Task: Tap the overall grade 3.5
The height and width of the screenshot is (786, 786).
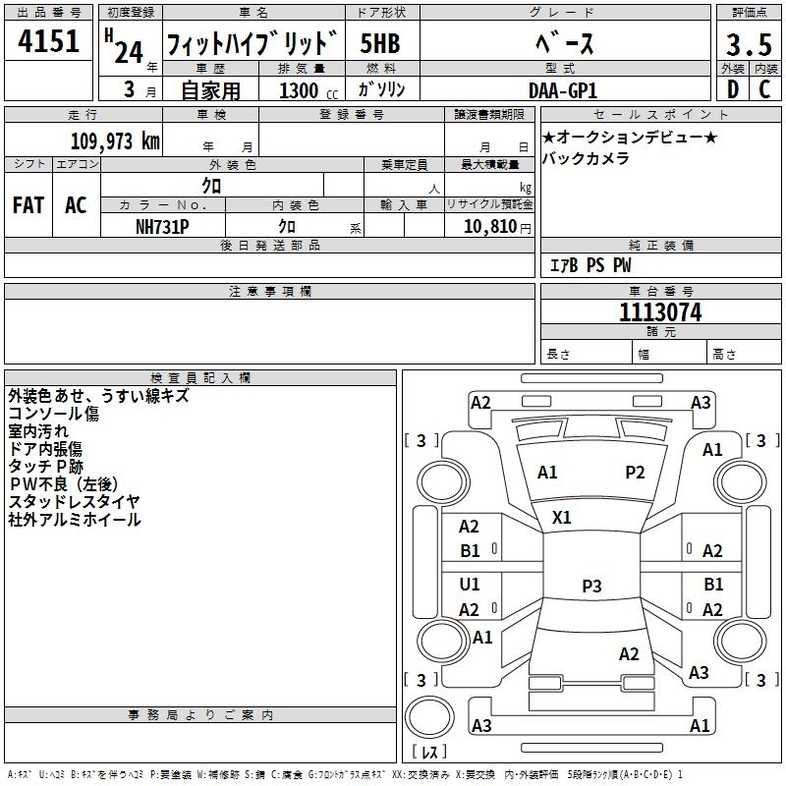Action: [x=748, y=45]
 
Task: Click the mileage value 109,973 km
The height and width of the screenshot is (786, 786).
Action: [x=115, y=141]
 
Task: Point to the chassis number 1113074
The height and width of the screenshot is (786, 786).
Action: [x=660, y=313]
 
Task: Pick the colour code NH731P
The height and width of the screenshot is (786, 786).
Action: [x=162, y=226]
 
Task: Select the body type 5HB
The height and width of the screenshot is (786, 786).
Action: [x=379, y=45]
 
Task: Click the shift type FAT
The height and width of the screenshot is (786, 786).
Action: [x=28, y=205]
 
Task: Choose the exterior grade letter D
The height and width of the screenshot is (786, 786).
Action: [x=732, y=89]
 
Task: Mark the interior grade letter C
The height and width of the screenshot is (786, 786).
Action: [x=764, y=89]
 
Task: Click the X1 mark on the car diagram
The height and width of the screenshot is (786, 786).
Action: [x=562, y=517]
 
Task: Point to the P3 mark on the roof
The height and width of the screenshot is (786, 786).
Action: [x=591, y=586]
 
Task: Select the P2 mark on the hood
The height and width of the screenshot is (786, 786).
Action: [x=636, y=473]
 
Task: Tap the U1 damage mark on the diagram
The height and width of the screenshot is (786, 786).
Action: [x=471, y=585]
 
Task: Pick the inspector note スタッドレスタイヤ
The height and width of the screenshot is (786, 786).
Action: [x=74, y=502]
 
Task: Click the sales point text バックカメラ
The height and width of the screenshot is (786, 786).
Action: [x=586, y=158]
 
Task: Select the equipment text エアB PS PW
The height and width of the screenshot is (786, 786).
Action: [x=589, y=265]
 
